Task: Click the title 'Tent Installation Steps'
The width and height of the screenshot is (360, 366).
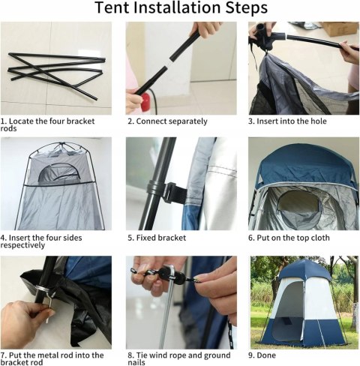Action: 181,7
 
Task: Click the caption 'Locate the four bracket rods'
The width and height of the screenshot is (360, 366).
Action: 47,124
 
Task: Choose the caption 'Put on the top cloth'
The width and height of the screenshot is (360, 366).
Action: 289,238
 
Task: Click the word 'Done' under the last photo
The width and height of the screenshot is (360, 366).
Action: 266,355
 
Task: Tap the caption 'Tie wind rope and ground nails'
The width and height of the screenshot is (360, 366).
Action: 179,358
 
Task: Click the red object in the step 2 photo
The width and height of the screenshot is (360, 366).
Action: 145,103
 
